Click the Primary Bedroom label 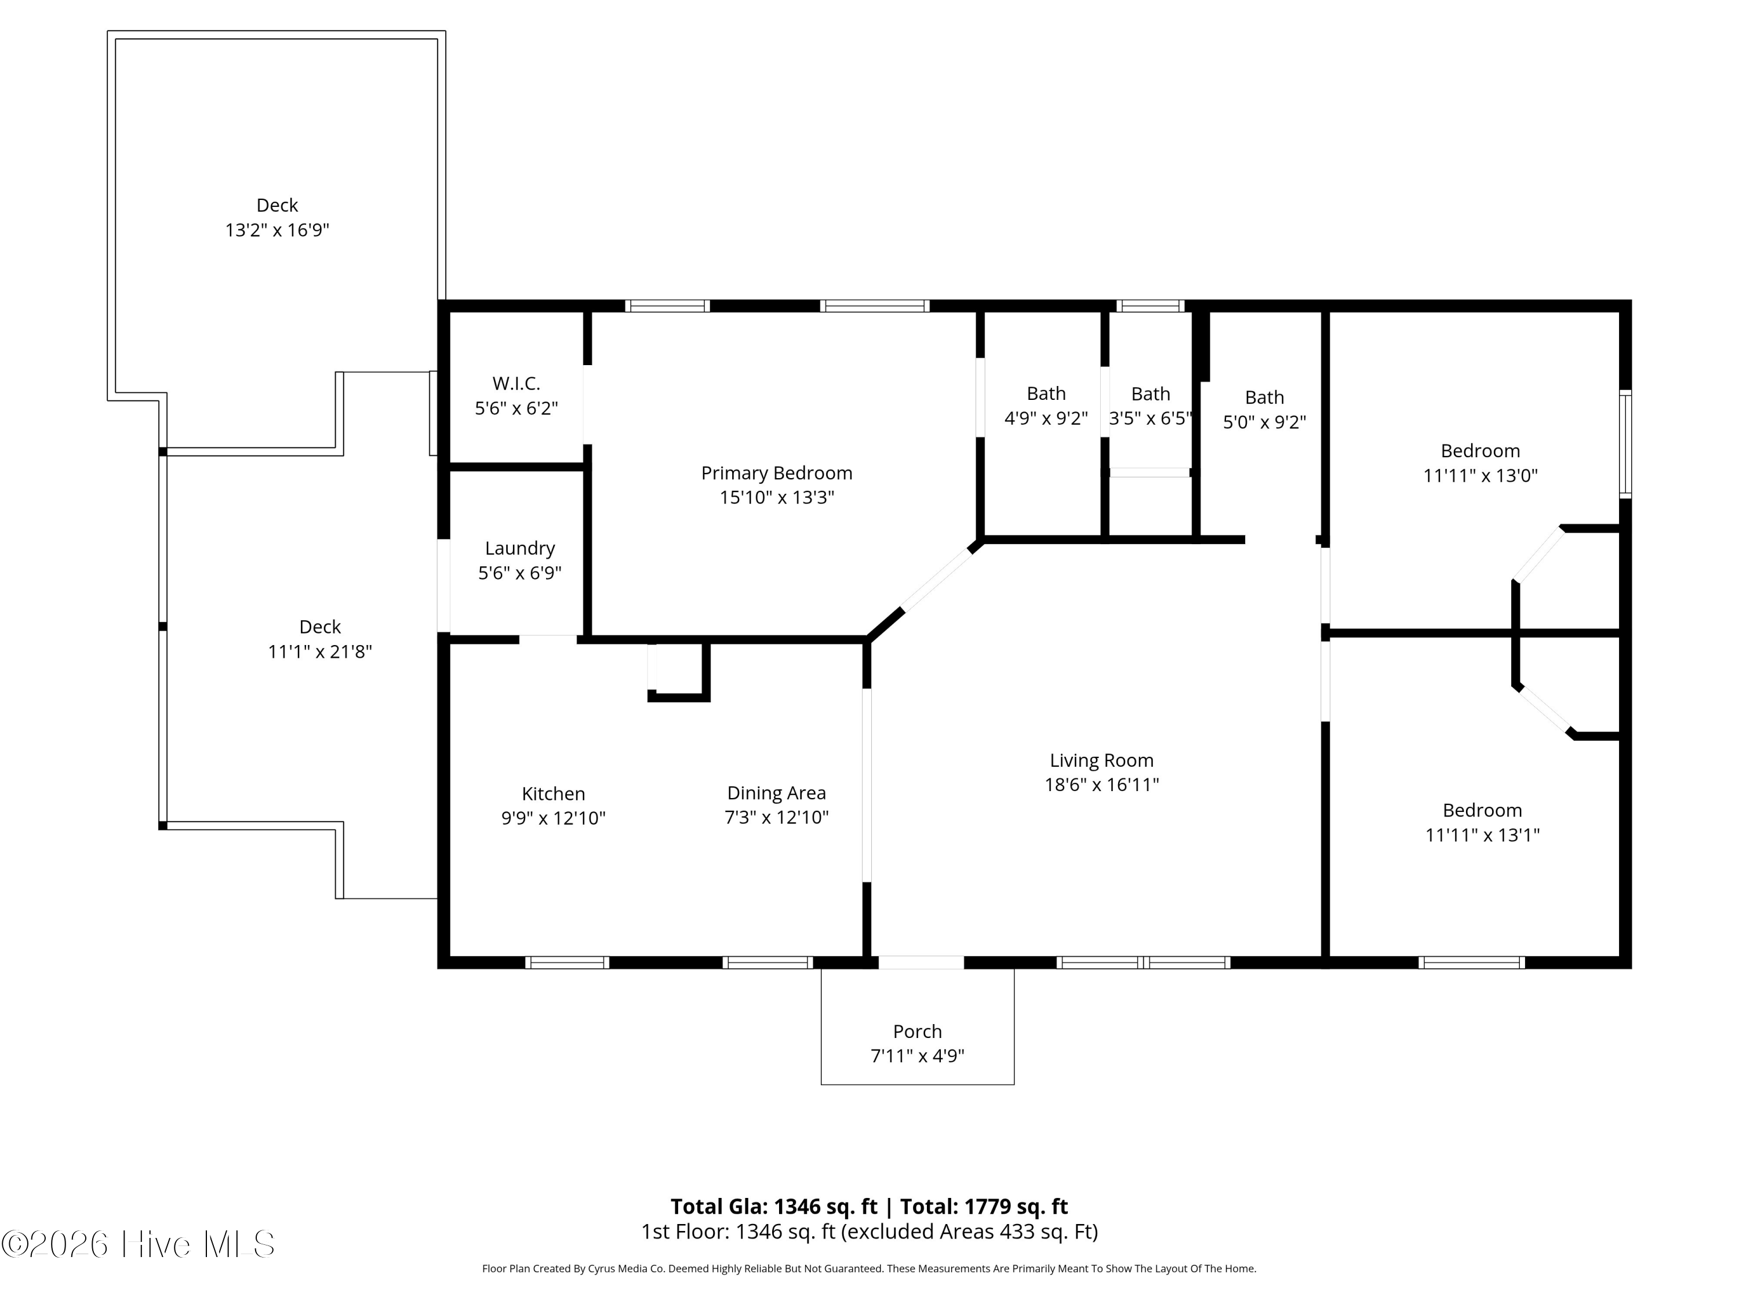pyautogui.click(x=777, y=473)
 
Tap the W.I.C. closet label pyautogui.click(x=516, y=384)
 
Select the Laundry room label pyautogui.click(x=519, y=549)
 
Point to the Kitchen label pyautogui.click(x=554, y=794)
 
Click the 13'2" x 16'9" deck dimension pyautogui.click(x=278, y=230)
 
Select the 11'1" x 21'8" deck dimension pyautogui.click(x=320, y=651)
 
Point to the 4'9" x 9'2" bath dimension pyautogui.click(x=1046, y=418)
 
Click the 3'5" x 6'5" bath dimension pyautogui.click(x=1150, y=418)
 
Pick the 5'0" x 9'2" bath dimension pyautogui.click(x=1264, y=422)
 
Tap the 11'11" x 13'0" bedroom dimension pyautogui.click(x=1480, y=476)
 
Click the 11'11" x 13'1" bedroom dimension pyautogui.click(x=1482, y=835)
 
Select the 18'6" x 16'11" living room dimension pyautogui.click(x=1101, y=785)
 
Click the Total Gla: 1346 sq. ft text pyautogui.click(x=774, y=1207)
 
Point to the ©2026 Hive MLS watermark pyautogui.click(x=139, y=1244)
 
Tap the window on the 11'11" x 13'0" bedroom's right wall pyautogui.click(x=1625, y=444)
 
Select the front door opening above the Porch pyautogui.click(x=921, y=962)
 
